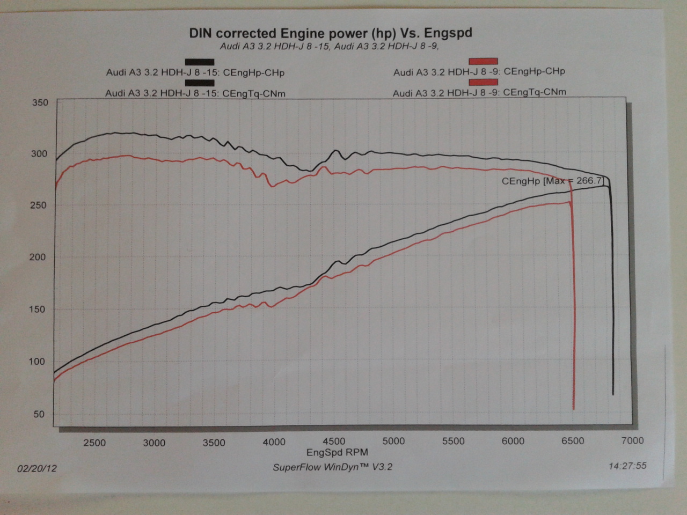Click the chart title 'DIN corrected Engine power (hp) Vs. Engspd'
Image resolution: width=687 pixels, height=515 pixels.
pyautogui.click(x=331, y=33)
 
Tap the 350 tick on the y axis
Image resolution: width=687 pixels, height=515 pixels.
pyautogui.click(x=40, y=102)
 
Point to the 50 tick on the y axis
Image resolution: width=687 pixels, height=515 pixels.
pyautogui.click(x=39, y=414)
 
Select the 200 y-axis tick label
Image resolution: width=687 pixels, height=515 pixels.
pyautogui.click(x=38, y=257)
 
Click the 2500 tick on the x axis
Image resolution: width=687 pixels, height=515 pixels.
pyautogui.click(x=94, y=443)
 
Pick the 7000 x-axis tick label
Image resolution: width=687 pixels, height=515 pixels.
pyautogui.click(x=632, y=441)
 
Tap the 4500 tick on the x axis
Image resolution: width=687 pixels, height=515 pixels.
pyautogui.click(x=334, y=442)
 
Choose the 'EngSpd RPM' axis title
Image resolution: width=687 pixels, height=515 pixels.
pyautogui.click(x=337, y=453)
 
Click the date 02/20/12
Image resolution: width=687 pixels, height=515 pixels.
pyautogui.click(x=37, y=468)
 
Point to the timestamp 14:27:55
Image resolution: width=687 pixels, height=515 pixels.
pyautogui.click(x=627, y=466)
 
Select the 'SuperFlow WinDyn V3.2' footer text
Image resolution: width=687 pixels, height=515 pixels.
pyautogui.click(x=332, y=467)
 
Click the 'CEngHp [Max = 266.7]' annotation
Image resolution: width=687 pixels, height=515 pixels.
pyautogui.click(x=552, y=181)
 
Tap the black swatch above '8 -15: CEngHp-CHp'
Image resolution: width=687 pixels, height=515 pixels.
pyautogui.click(x=200, y=62)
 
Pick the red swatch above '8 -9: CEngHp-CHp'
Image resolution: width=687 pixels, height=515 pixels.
pyautogui.click(x=483, y=61)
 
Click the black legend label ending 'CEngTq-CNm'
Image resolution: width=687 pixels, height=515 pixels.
pyautogui.click(x=195, y=93)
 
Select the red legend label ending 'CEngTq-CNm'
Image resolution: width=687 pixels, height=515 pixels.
pyautogui.click(x=479, y=92)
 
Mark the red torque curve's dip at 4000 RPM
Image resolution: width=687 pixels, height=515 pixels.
pyautogui.click(x=272, y=186)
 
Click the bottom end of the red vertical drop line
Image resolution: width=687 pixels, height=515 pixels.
pyautogui.click(x=574, y=409)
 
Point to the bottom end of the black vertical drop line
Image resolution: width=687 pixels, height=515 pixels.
pyautogui.click(x=613, y=395)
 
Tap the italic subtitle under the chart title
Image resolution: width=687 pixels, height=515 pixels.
pyautogui.click(x=329, y=46)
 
